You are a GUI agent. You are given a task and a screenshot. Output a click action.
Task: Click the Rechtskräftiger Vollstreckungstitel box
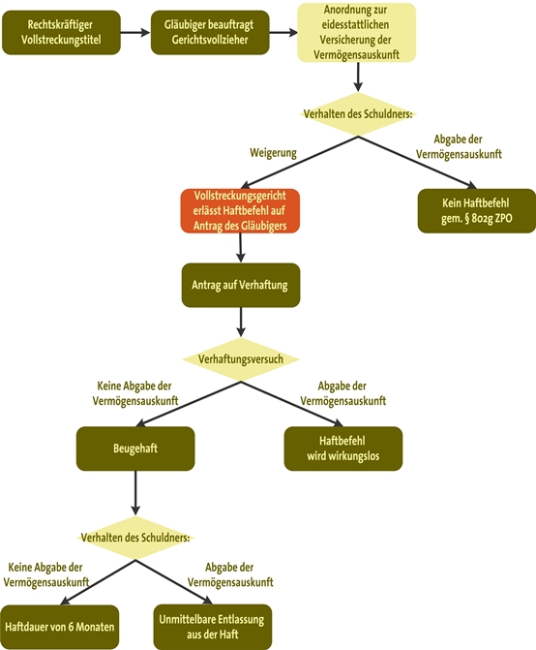tap(61, 32)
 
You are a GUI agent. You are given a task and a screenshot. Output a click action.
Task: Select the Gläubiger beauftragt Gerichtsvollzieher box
tap(210, 32)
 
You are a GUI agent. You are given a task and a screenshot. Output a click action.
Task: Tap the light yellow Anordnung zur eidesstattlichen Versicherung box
tap(357, 32)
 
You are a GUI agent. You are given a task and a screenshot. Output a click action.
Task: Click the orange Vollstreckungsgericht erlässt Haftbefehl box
tap(240, 210)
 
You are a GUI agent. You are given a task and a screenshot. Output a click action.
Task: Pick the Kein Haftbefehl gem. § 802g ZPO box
tap(476, 210)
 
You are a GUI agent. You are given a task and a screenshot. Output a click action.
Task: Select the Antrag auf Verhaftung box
tap(241, 285)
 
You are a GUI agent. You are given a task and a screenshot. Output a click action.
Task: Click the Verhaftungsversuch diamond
tap(241, 359)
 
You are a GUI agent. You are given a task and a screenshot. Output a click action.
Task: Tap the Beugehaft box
tap(135, 449)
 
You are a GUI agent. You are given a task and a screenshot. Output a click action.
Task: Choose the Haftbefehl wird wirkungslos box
tap(343, 449)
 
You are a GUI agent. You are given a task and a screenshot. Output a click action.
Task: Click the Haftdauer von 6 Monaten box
tap(60, 627)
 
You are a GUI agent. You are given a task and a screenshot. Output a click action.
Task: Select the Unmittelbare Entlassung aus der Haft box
tap(213, 627)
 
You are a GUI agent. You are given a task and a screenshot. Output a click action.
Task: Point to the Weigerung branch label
tap(273, 152)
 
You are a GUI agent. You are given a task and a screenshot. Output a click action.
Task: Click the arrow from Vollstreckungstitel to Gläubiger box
tap(135, 32)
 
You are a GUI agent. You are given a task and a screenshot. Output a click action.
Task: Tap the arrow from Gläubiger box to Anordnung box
tap(283, 32)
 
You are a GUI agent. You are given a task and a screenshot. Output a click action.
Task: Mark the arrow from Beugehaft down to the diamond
tap(135, 493)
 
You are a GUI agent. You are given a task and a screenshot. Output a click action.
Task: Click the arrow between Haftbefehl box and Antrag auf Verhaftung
tap(241, 247)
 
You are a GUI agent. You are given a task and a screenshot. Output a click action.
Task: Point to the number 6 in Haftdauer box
tap(71, 627)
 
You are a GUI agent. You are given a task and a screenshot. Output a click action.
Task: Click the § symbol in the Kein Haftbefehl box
tap(466, 218)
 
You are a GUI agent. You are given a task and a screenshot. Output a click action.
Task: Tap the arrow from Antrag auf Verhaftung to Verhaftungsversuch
tap(241, 323)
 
